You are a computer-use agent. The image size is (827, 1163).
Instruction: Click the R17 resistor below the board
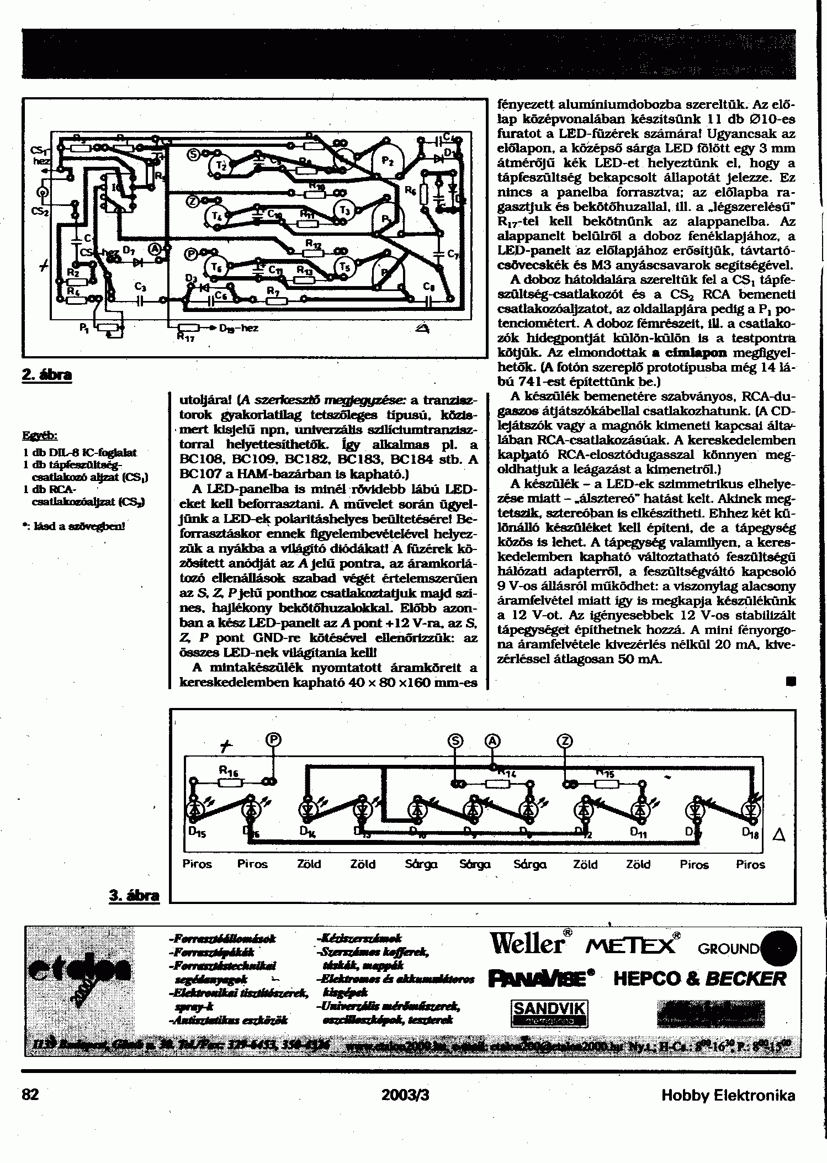point(189,328)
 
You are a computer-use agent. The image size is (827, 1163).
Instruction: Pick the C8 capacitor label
point(429,286)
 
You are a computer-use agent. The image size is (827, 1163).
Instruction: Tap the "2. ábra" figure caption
point(47,375)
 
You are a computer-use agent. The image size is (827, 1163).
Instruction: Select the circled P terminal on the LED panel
point(273,741)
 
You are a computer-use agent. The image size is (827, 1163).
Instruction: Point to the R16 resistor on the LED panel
point(227,781)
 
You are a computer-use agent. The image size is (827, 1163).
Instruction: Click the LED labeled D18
point(751,810)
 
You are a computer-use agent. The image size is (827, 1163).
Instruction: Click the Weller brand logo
point(527,944)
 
